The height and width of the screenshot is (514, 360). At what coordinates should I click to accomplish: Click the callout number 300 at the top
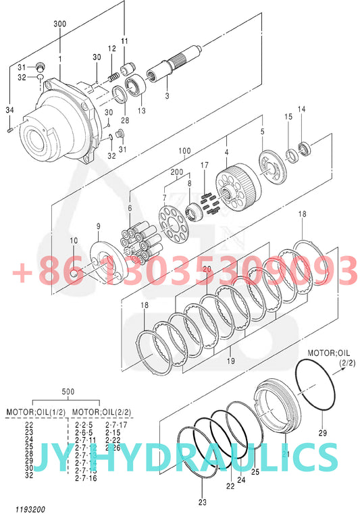(59, 24)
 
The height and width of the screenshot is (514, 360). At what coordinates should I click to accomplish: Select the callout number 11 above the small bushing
(124, 41)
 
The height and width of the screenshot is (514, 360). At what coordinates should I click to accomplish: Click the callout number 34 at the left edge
(9, 109)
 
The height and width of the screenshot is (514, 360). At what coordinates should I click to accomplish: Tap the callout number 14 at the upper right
(301, 109)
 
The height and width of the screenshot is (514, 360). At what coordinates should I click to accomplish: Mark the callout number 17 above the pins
(205, 165)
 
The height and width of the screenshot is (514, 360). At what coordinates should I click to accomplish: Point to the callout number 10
(74, 240)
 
